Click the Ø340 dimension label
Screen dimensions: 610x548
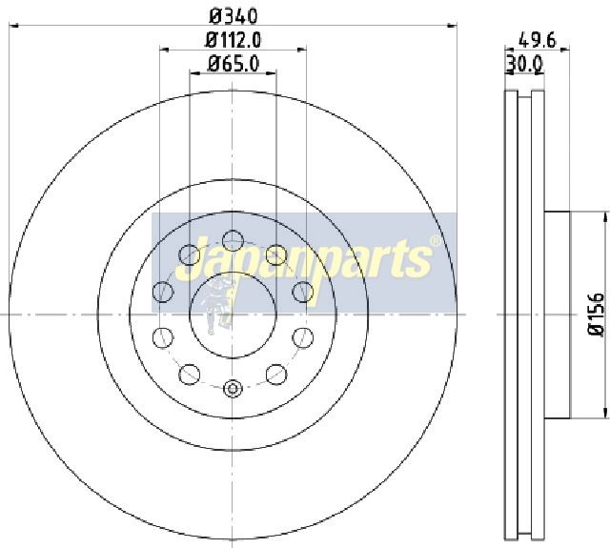point(234,16)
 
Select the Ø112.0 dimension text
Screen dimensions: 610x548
point(234,40)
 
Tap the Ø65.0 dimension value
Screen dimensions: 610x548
point(234,64)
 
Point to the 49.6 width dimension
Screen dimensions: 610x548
point(538,40)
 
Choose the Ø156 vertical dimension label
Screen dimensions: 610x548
point(595,315)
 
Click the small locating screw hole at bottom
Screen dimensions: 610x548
point(233,388)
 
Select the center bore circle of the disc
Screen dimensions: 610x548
point(233,315)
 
